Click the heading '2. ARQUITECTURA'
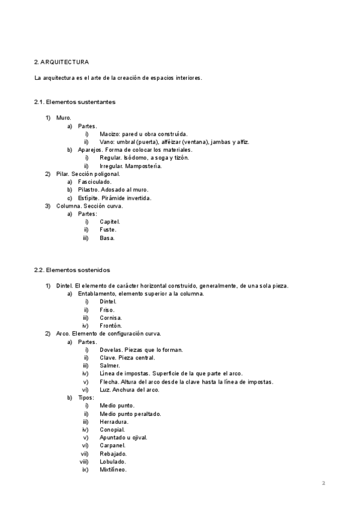[62, 62]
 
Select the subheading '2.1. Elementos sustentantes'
[74, 102]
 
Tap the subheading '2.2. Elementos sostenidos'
[72, 270]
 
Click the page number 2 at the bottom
[323, 483]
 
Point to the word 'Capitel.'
[110, 221]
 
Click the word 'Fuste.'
[108, 229]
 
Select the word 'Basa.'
[107, 238]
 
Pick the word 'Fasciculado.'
[94, 181]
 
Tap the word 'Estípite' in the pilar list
[88, 197]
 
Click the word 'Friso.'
[107, 310]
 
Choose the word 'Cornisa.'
[110, 318]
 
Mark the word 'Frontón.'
[111, 325]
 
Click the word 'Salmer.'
[110, 366]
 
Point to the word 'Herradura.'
[113, 422]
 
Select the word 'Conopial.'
[112, 430]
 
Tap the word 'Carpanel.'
[112, 446]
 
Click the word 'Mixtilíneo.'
[113, 470]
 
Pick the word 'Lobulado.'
[113, 462]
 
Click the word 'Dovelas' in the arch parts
[111, 350]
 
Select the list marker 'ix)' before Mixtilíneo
[86, 470]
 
